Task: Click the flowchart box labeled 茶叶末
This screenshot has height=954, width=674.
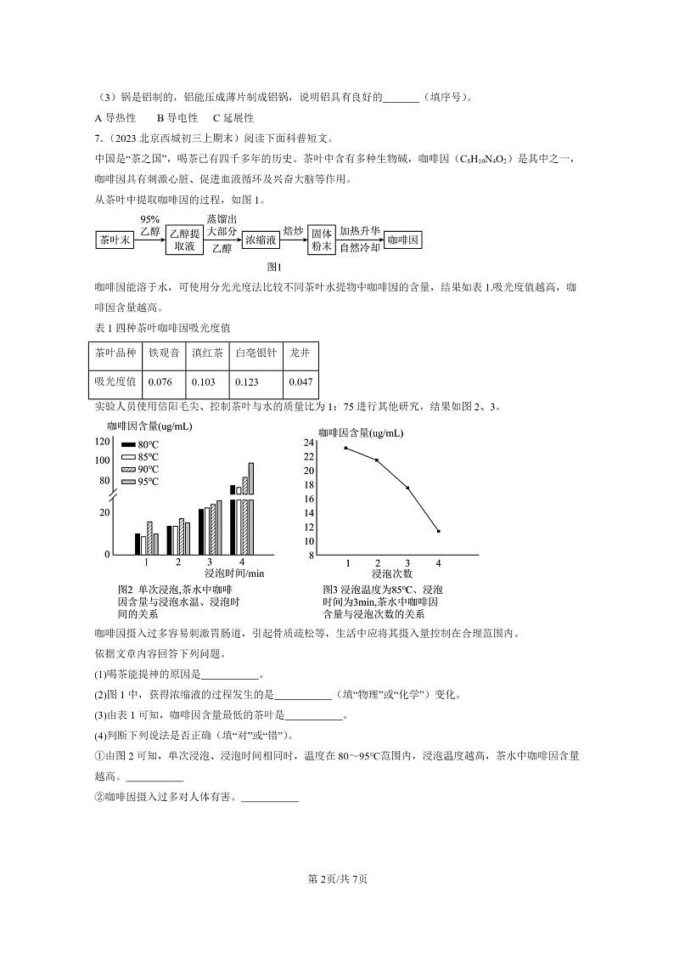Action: pyautogui.click(x=115, y=240)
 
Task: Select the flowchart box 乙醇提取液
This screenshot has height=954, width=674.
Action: pyautogui.click(x=184, y=240)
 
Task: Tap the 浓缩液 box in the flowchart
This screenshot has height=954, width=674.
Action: pyautogui.click(x=261, y=240)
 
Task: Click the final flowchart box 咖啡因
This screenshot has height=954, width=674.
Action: pyautogui.click(x=402, y=240)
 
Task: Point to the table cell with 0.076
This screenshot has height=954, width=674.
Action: pyautogui.click(x=164, y=381)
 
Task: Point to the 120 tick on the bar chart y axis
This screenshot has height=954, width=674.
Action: pyautogui.click(x=104, y=442)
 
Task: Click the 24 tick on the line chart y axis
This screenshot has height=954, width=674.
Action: pyautogui.click(x=309, y=443)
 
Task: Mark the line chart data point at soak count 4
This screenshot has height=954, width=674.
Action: pyautogui.click(x=438, y=531)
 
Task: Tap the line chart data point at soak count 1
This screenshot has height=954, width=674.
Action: pyautogui.click(x=345, y=448)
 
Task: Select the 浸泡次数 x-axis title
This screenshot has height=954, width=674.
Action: pyautogui.click(x=391, y=574)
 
